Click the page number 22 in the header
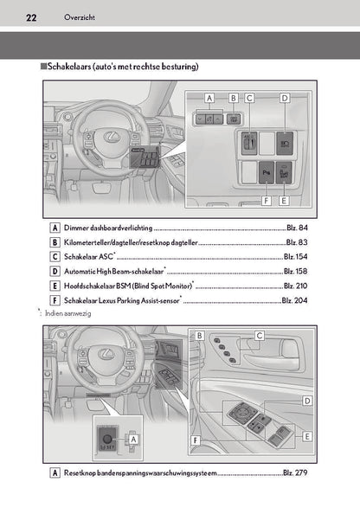(x=31, y=17)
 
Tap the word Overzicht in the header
(x=80, y=17)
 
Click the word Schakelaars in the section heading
(x=69, y=67)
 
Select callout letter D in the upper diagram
(x=285, y=98)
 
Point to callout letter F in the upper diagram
(x=267, y=200)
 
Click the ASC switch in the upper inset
(x=249, y=144)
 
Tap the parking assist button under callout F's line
(x=267, y=172)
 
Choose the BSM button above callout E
(x=284, y=172)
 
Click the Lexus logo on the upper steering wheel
(x=111, y=137)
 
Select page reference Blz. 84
(x=297, y=228)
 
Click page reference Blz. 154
(x=296, y=256)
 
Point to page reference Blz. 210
(x=296, y=286)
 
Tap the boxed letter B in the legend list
(x=55, y=242)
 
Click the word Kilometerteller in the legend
(x=87, y=242)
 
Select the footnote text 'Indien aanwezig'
(x=67, y=313)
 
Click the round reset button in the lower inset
(x=108, y=438)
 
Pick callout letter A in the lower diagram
(x=133, y=439)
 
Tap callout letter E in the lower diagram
(x=307, y=436)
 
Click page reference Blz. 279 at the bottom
(x=295, y=472)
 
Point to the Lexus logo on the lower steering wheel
(x=106, y=353)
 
